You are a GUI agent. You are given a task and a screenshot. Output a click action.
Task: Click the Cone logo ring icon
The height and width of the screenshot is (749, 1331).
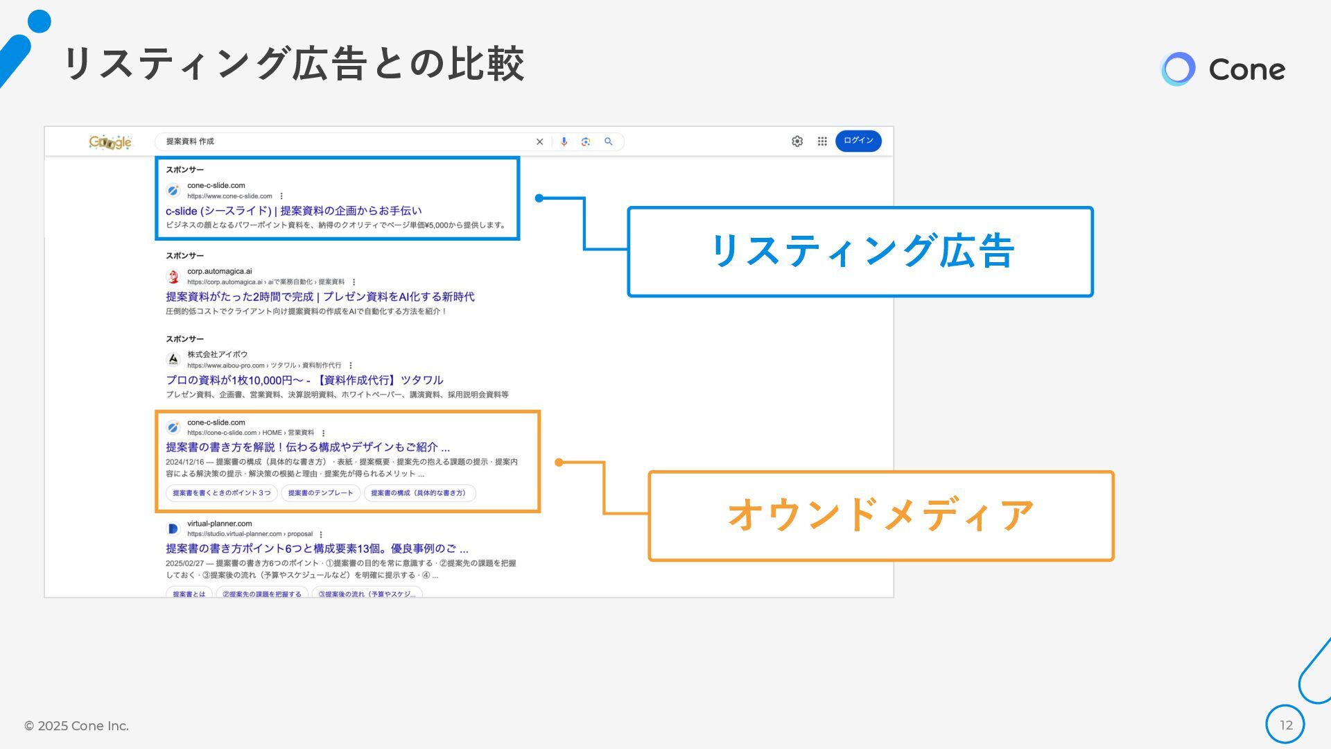pyautogui.click(x=1178, y=69)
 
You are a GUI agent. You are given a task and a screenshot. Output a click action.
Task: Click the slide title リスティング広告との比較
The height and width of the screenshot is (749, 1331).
pyautogui.click(x=293, y=64)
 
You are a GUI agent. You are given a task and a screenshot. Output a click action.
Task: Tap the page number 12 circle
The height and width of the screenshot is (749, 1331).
pyautogui.click(x=1285, y=725)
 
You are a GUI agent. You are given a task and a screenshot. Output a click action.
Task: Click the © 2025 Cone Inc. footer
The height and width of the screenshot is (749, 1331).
pyautogui.click(x=76, y=725)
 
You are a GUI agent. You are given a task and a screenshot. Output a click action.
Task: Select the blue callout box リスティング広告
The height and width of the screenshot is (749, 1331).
pyautogui.click(x=860, y=252)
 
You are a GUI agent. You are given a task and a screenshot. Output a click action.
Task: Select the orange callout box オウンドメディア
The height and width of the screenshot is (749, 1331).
pyautogui.click(x=880, y=515)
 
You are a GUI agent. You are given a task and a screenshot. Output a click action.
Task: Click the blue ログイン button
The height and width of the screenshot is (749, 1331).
pyautogui.click(x=858, y=141)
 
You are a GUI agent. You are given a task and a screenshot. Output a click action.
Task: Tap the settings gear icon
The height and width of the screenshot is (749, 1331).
pyautogui.click(x=797, y=141)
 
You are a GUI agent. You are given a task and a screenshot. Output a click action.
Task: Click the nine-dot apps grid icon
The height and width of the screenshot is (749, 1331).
pyautogui.click(x=822, y=141)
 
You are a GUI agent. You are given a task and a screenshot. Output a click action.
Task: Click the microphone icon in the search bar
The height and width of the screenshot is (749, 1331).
pyautogui.click(x=564, y=141)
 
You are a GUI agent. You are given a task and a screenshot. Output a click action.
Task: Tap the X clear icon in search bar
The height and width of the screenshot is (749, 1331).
pyautogui.click(x=539, y=141)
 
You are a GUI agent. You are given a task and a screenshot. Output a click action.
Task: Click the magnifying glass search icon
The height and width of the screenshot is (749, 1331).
pyautogui.click(x=609, y=141)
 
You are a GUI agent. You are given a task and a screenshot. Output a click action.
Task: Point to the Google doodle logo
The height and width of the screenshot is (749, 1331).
pyautogui.click(x=110, y=142)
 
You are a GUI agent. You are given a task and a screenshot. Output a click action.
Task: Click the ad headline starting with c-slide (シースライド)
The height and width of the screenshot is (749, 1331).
pyautogui.click(x=293, y=211)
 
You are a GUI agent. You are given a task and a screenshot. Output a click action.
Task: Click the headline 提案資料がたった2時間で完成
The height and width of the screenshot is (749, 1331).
pyautogui.click(x=320, y=297)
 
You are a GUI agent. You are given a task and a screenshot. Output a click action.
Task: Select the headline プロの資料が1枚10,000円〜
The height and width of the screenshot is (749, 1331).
pyautogui.click(x=304, y=380)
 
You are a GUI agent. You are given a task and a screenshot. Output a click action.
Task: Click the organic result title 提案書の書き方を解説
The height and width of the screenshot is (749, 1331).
pyautogui.click(x=307, y=447)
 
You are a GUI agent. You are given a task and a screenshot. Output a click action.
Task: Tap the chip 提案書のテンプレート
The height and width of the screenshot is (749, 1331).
pyautogui.click(x=320, y=493)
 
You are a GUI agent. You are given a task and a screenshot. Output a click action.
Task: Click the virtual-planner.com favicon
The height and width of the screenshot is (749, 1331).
pyautogui.click(x=173, y=528)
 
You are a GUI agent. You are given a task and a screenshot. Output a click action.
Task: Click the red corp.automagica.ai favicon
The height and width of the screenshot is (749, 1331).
pyautogui.click(x=173, y=277)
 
